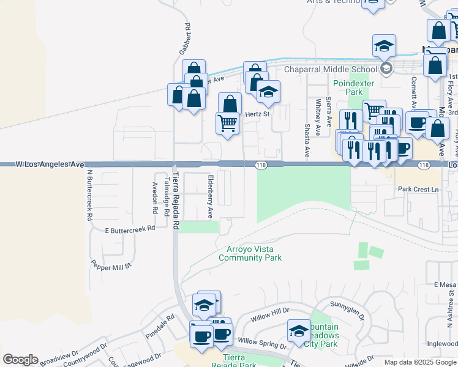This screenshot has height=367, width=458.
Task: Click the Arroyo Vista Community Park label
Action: (x=250, y=253)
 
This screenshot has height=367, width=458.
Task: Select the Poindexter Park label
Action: (x=348, y=87)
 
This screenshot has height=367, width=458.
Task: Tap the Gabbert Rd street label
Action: (x=184, y=39)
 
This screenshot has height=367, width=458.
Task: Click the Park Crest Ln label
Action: (x=418, y=190)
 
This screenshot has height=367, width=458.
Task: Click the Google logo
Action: (x=20, y=360)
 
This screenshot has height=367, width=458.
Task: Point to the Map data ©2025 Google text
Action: (x=420, y=362)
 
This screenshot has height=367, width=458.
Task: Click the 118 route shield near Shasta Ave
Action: (x=260, y=165)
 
